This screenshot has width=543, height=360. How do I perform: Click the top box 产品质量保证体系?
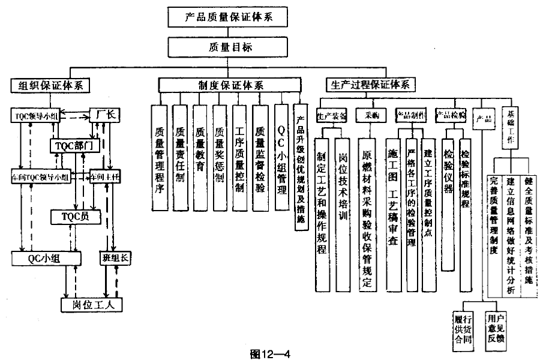229,16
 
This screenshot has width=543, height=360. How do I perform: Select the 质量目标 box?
229,47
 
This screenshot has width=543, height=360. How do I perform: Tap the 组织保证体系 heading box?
50,85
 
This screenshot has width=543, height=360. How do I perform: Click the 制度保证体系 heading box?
229,85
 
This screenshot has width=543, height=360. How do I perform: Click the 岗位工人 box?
92,304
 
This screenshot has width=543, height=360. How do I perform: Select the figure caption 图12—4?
270,353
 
